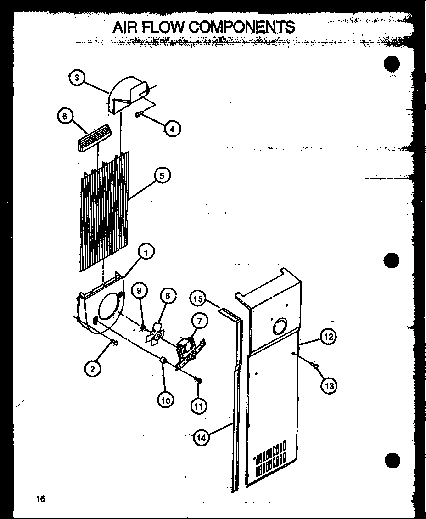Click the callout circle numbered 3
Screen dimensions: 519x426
pos(77,78)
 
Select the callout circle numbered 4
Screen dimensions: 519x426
pos(171,129)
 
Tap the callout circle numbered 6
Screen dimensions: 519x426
pos(65,117)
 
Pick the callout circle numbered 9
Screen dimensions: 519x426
pos(140,290)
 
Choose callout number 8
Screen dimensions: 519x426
pos(168,296)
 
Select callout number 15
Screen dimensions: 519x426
pos(198,299)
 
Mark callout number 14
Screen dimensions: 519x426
pos(201,438)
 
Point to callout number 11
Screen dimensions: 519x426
pos(198,406)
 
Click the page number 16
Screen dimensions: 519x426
pos(42,499)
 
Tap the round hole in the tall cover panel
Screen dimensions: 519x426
pos(279,327)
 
